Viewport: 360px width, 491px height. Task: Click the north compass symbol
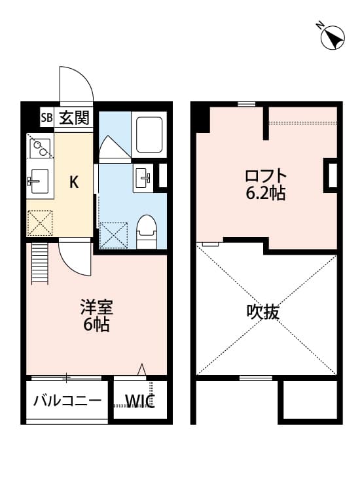pos(333,37)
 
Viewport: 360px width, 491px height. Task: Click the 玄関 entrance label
pos(74,118)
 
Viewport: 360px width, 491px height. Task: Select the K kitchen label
pos(74,182)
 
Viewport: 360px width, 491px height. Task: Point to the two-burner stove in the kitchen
pos(41,148)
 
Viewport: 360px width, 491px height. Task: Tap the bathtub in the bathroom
pos(147,134)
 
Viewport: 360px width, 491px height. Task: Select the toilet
pos(147,232)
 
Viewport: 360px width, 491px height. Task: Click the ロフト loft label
pos(266,176)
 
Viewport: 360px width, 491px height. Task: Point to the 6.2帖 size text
pos(266,194)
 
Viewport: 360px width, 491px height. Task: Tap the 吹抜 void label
pos(263,312)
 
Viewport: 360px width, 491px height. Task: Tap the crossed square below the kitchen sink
pos(41,223)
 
